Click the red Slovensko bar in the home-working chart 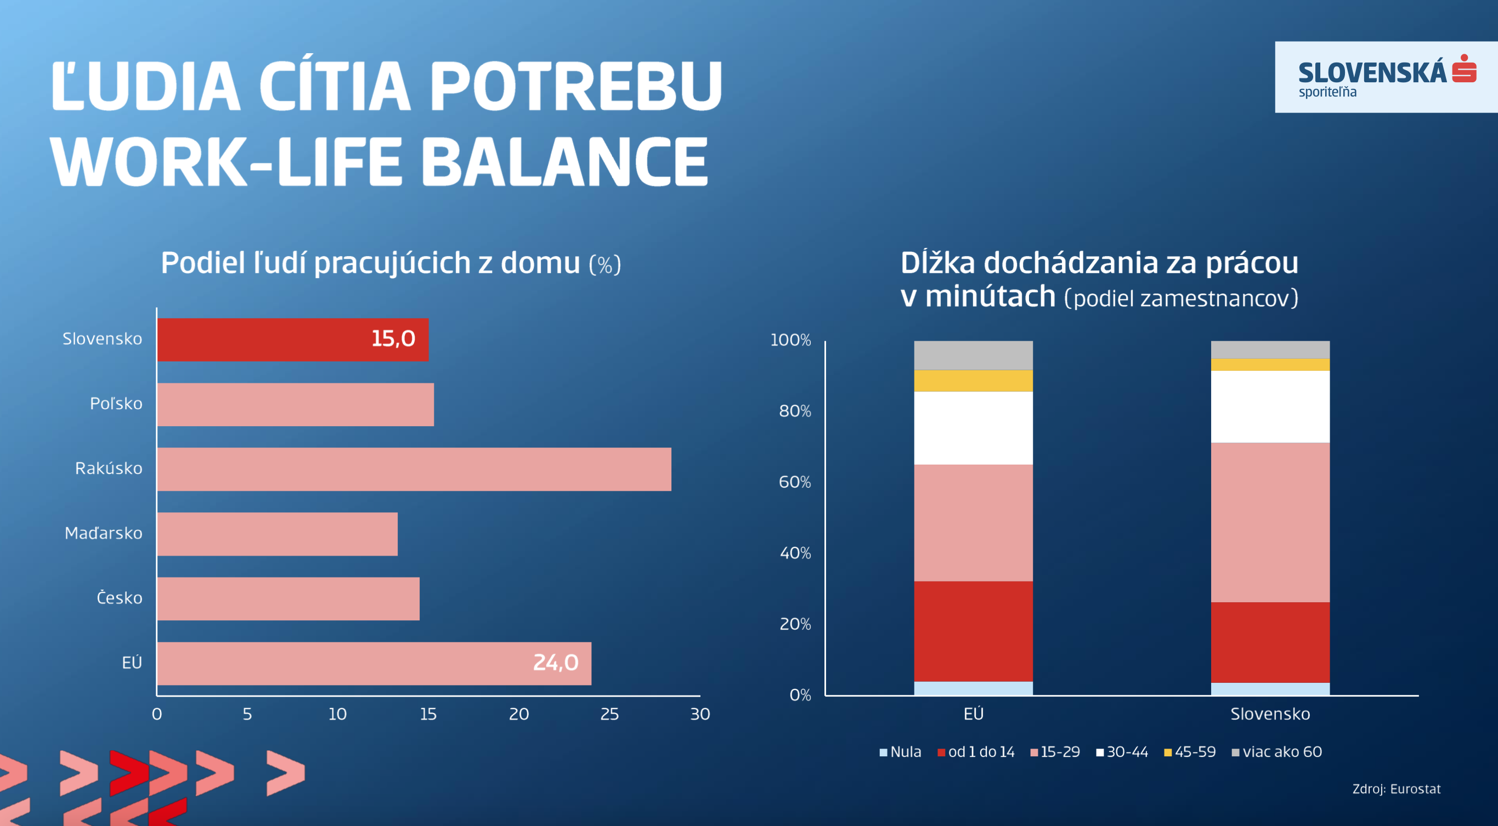tap(262, 340)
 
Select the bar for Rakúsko tap(414, 469)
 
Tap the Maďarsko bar tap(277, 534)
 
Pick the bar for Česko tap(288, 599)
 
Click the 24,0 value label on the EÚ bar tap(555, 663)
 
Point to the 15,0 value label tap(393, 339)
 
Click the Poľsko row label tap(116, 404)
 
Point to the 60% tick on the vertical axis tap(794, 482)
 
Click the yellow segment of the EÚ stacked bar tap(973, 381)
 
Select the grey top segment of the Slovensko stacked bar tap(1270, 350)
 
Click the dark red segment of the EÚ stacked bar tap(973, 631)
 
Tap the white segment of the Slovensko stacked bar tap(1270, 406)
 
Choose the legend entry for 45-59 tap(1190, 752)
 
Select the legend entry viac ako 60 tap(1277, 752)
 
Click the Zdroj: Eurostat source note tap(1395, 789)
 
